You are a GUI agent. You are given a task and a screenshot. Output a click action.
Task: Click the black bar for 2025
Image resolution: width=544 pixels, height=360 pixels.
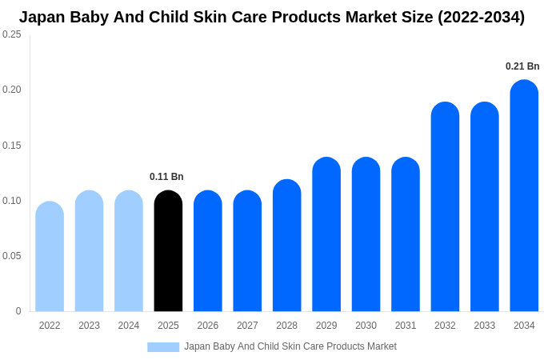(168, 251)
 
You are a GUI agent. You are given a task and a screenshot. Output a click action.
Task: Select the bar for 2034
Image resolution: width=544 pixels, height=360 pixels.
(524, 196)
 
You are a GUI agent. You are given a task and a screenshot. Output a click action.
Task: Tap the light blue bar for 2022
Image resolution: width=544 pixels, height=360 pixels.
(50, 257)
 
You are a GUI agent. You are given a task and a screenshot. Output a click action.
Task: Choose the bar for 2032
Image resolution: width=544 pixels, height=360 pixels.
(445, 207)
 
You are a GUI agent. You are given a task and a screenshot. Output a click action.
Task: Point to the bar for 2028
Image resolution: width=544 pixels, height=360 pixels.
(286, 246)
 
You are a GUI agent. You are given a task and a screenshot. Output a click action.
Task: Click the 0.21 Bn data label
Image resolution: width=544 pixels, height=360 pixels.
(522, 66)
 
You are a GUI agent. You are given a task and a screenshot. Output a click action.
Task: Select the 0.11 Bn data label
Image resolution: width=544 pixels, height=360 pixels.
(166, 177)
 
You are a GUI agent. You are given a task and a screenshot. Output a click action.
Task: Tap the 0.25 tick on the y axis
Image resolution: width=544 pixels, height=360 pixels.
(12, 34)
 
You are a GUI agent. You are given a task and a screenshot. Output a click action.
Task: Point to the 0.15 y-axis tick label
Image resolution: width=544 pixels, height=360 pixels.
(12, 146)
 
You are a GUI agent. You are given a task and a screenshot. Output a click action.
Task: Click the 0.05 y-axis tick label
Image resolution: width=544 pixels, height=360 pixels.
(12, 256)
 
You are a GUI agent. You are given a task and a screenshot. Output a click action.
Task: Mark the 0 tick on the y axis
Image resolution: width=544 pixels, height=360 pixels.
(18, 311)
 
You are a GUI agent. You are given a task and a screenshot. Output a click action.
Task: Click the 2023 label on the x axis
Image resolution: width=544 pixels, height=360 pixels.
(89, 326)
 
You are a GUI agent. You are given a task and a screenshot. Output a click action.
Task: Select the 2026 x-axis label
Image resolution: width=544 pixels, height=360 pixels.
(208, 326)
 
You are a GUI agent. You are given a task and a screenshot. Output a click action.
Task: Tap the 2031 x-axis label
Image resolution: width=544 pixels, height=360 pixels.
(406, 326)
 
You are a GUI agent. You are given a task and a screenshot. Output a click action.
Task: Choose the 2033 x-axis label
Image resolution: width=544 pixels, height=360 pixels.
(485, 326)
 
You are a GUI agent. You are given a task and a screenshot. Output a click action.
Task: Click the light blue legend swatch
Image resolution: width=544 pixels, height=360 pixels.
(163, 347)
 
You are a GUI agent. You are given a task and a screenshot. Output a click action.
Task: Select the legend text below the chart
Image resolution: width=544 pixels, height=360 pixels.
(290, 346)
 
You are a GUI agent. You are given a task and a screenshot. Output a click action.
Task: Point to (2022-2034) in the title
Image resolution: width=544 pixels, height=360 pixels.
(481, 17)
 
